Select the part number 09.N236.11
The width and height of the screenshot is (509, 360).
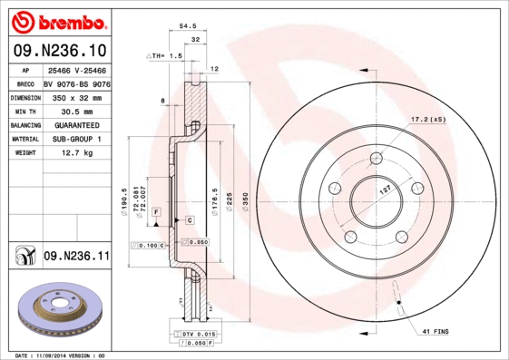pos(76,257)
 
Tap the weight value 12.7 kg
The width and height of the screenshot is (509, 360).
pos(76,153)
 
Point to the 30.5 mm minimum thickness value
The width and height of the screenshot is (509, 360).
pos(76,110)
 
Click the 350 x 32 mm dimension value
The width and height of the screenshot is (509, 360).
pos(76,96)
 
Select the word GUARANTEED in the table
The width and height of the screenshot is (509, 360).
pos(76,124)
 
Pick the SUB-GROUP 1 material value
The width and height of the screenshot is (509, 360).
pos(76,139)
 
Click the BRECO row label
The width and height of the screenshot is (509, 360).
pos(24,83)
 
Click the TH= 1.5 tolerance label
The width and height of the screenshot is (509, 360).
pos(168,55)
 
